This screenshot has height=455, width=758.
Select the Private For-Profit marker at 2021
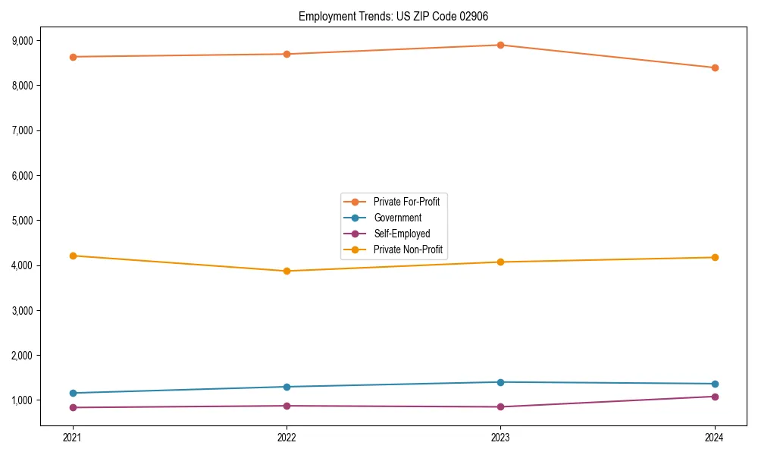tap(73, 57)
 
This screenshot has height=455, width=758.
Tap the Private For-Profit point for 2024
tap(715, 67)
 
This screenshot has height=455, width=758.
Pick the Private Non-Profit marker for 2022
tap(287, 271)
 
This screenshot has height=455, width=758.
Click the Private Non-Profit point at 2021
tap(73, 256)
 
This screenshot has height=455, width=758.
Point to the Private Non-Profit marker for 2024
tap(715, 257)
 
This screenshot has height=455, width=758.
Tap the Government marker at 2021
tap(73, 393)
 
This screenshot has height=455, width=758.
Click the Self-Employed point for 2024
tap(715, 397)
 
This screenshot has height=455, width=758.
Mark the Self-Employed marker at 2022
tap(287, 406)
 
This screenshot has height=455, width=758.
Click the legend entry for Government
tap(397, 218)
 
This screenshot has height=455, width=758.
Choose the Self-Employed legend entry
tap(401, 234)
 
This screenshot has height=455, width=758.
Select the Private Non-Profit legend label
tap(407, 249)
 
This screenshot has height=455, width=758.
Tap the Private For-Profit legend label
tap(406, 202)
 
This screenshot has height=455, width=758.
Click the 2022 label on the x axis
tap(287, 438)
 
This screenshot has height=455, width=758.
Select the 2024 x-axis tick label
tap(715, 438)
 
